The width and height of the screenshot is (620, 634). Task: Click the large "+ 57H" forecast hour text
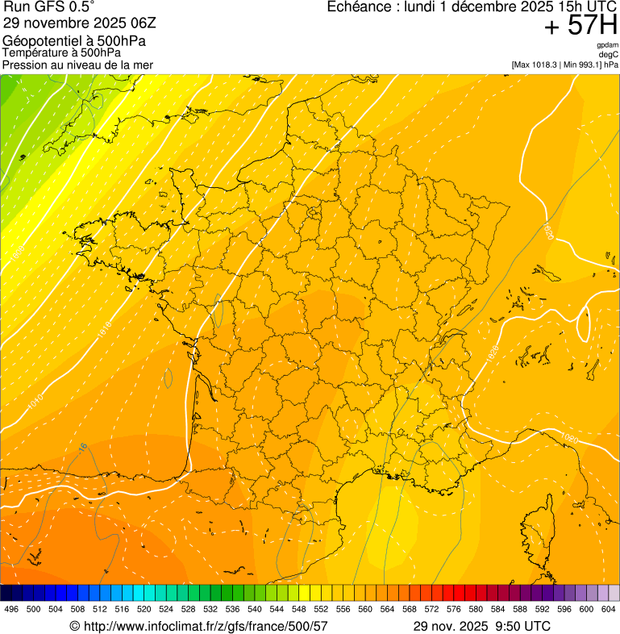coord(580,26)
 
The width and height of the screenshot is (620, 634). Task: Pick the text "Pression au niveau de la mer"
coord(77,65)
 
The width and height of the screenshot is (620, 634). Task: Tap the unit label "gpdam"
coord(607,45)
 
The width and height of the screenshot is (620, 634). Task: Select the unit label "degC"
coord(609,55)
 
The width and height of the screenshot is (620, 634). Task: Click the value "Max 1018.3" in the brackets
coord(537,65)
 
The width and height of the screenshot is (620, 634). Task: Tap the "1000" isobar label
coord(18,252)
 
